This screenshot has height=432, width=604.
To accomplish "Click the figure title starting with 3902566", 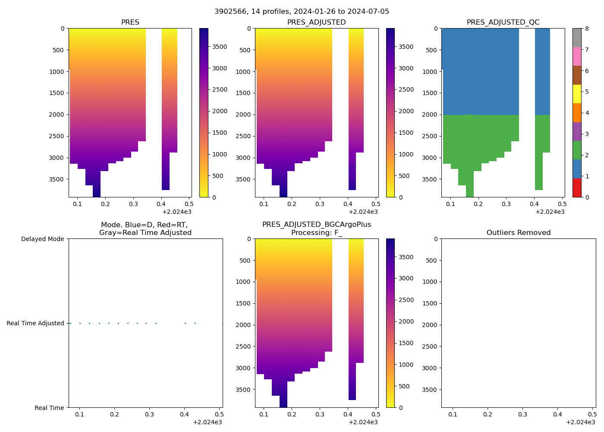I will pos(302,12).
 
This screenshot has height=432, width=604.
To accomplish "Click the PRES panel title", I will pos(130,22).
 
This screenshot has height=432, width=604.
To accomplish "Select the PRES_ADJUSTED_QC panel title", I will pos(503,22).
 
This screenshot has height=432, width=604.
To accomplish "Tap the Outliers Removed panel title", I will pos(519,233).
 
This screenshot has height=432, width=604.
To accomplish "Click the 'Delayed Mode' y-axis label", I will pos(42,239).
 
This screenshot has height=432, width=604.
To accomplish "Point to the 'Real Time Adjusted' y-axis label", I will pos(35,323).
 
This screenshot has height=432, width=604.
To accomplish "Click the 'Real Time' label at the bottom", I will pos(49,408).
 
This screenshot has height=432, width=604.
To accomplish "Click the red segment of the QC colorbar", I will pos(577,188).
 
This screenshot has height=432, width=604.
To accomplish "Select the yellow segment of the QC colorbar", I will pos(577,94).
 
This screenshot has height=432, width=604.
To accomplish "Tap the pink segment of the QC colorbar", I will pos(577,56).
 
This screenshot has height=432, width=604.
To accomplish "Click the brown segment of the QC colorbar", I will pos(577,75).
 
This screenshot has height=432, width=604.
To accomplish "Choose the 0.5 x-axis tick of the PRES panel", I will pos(189,204).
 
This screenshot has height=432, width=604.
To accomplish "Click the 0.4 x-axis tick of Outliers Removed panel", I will pos(557,414).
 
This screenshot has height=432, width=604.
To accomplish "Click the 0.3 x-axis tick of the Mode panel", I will pos(149,414).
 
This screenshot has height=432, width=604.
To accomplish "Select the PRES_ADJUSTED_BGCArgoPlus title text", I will pos(317,225).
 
